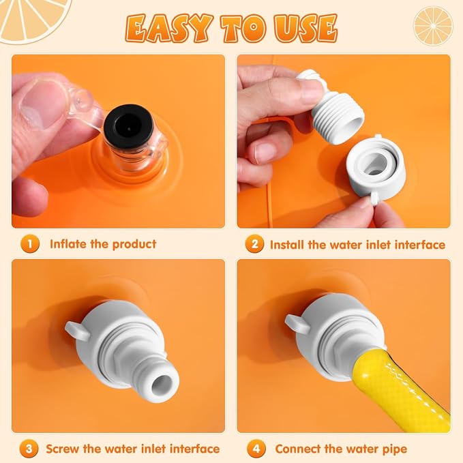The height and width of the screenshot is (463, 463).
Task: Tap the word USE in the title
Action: click(x=306, y=28)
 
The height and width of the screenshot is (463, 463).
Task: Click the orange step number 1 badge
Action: click(x=30, y=244)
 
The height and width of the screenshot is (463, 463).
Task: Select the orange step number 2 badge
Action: click(x=254, y=244)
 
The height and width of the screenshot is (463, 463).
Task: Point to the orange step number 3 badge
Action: click(x=29, y=449)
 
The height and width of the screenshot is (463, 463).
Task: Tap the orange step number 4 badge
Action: click(x=256, y=449)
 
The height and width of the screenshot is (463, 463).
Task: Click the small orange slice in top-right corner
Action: click(x=433, y=26)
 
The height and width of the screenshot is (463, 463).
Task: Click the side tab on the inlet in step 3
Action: click(x=77, y=330)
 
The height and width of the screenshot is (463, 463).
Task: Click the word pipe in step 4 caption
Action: click(x=395, y=450)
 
